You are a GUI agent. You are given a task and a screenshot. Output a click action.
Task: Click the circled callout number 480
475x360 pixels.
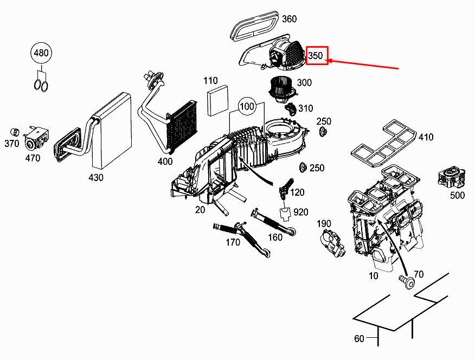click(41, 53)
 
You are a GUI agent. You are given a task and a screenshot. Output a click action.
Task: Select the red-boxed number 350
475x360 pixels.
click(317, 55)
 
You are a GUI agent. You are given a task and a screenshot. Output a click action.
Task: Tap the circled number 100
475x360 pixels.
click(247, 106)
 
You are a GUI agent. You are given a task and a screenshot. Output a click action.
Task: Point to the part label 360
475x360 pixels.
click(290, 19)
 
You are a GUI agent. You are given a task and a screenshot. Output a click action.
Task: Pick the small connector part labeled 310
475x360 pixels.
click(291, 109)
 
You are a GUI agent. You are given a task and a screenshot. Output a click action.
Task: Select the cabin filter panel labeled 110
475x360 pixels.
click(218, 100)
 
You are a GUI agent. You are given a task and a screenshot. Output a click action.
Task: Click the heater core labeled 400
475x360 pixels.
click(182, 126)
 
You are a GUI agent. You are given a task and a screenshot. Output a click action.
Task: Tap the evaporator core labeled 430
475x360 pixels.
click(112, 131)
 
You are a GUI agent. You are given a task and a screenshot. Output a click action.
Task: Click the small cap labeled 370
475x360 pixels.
click(15, 132)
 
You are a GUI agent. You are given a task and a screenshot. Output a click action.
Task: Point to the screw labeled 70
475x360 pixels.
click(406, 281)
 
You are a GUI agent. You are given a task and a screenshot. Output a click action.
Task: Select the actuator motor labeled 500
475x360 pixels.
click(451, 178)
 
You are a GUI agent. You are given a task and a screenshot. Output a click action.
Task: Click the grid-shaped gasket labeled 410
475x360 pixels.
click(384, 143)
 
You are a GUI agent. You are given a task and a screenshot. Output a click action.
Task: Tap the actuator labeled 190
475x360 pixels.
click(331, 243)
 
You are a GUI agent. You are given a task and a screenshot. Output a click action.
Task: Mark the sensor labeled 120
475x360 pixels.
click(285, 189)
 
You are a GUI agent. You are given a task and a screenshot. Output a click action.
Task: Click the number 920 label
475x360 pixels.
click(301, 212)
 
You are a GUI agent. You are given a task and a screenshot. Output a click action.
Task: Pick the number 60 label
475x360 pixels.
click(359, 338)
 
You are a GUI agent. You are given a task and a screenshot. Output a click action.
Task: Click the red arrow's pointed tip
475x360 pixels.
click(328, 61)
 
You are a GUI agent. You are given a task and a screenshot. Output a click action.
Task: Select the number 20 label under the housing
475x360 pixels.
click(200, 209)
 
